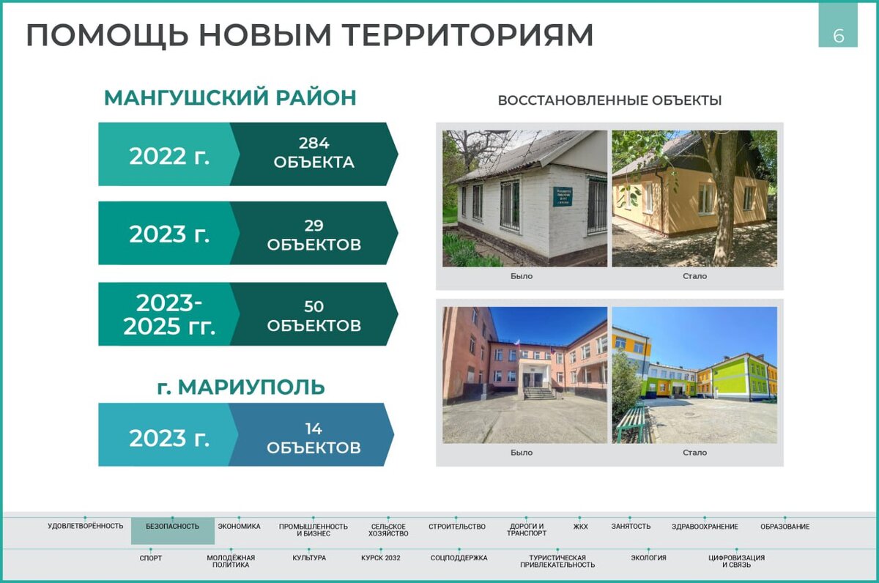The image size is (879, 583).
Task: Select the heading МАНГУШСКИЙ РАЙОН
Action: [230, 97]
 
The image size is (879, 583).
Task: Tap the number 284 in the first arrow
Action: [314, 144]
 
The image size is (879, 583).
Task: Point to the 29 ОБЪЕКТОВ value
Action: [314, 234]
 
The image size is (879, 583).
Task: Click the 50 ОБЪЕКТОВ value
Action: [314, 316]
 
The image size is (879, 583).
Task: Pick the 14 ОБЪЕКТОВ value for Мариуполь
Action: [314, 438]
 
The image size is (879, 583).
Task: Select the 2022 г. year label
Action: [169, 156]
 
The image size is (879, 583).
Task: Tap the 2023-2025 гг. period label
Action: [169, 315]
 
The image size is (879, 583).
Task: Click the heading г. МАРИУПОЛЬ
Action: [241, 387]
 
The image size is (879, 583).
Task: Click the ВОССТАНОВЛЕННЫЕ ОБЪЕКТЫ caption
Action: [609, 100]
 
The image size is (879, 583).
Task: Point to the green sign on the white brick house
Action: [563, 196]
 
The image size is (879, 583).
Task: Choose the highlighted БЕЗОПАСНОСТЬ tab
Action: [173, 527]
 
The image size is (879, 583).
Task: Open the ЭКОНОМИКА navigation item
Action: [239, 527]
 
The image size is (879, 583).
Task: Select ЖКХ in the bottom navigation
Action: [580, 527]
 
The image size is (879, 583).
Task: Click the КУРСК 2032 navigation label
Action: [381, 558]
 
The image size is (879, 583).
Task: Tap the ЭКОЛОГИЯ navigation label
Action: [648, 558]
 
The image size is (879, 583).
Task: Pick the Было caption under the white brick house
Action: [522, 276]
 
